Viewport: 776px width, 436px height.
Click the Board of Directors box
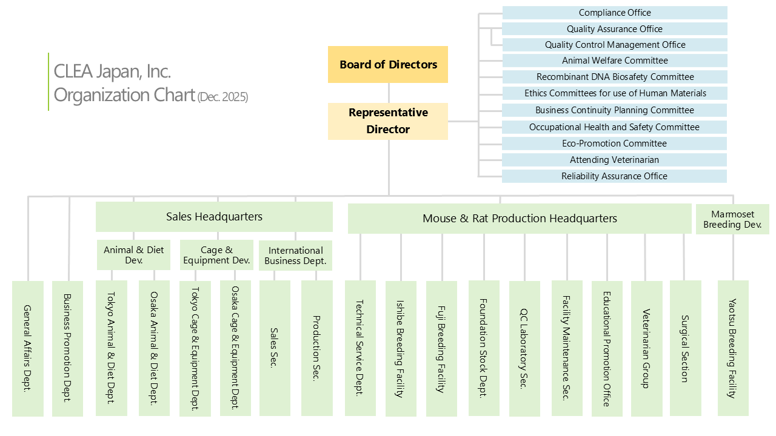[388, 64]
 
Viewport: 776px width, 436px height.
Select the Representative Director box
[388, 121]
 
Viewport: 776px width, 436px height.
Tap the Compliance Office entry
[615, 13]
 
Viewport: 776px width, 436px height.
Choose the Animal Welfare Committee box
[615, 61]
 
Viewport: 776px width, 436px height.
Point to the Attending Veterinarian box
[615, 160]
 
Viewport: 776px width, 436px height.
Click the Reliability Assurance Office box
[615, 176]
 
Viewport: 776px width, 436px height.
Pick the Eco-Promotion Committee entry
[615, 144]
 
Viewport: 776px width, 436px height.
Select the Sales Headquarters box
[214, 217]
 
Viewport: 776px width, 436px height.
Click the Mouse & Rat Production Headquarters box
[520, 219]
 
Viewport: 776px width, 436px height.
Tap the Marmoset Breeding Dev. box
[732, 219]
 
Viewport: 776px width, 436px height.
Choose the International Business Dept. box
[296, 256]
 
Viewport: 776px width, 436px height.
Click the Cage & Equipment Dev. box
[216, 255]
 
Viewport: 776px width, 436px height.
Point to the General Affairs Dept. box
[28, 348]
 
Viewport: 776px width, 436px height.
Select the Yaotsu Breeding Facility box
[733, 348]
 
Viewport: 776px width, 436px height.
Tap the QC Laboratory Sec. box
[524, 348]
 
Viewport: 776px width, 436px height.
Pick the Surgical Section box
[685, 348]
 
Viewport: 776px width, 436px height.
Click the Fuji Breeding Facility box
[441, 348]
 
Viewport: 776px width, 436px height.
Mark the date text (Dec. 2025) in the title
[222, 97]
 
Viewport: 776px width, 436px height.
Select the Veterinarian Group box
[646, 348]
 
